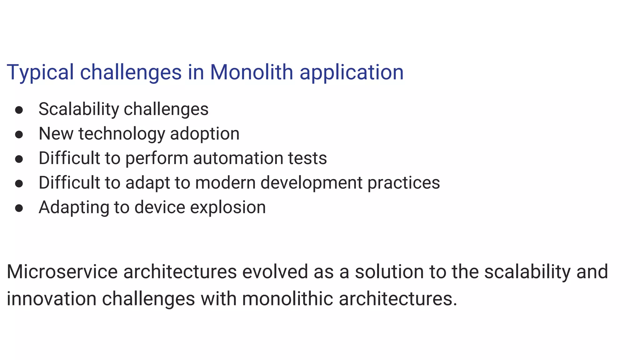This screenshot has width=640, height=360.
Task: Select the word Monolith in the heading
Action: [x=251, y=72]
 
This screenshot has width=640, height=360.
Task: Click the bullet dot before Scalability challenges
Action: [x=19, y=110]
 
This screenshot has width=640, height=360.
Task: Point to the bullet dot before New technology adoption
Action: [x=19, y=134]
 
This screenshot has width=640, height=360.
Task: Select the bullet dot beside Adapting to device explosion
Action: [x=19, y=208]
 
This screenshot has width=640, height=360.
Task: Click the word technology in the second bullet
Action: [x=122, y=134]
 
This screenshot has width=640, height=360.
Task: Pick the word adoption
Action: [x=205, y=134]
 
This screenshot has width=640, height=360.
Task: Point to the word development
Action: [x=311, y=183]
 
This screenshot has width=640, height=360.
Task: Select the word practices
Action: [x=403, y=183]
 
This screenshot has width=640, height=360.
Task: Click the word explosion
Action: [x=228, y=207]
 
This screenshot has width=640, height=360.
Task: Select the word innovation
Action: [x=52, y=298]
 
